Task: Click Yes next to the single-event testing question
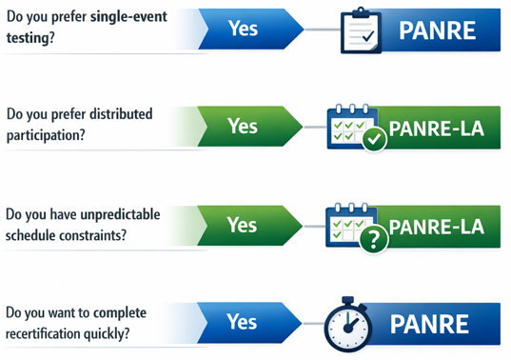pos(243,29)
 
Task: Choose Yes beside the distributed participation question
pos(243,125)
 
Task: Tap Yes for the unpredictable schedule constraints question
pos(243,225)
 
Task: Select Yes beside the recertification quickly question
pos(243,321)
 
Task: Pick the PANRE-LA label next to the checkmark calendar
pos(438,129)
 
